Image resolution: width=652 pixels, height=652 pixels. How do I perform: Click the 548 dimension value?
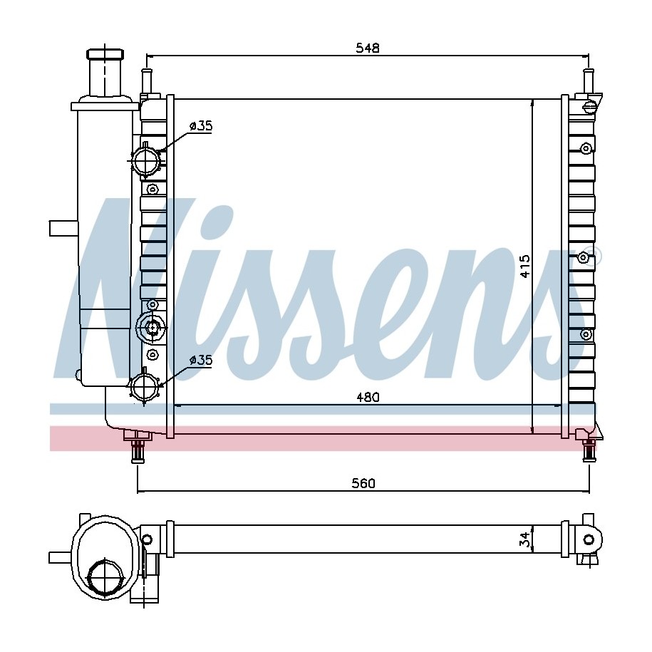pos(368,48)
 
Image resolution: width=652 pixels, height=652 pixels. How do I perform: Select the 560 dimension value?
pos(363,482)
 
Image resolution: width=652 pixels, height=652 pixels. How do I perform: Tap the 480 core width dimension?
pos(368,397)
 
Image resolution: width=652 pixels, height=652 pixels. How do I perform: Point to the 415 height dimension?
pos(525,266)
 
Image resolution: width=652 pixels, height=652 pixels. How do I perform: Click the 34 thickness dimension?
pos(526,539)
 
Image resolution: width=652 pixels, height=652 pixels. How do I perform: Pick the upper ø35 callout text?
pos(201,125)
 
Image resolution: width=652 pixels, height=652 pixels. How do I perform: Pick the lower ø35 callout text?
pos(201,360)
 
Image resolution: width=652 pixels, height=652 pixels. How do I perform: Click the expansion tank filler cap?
pos(105,54)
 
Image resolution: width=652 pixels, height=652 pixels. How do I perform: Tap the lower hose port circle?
pos(145,386)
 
